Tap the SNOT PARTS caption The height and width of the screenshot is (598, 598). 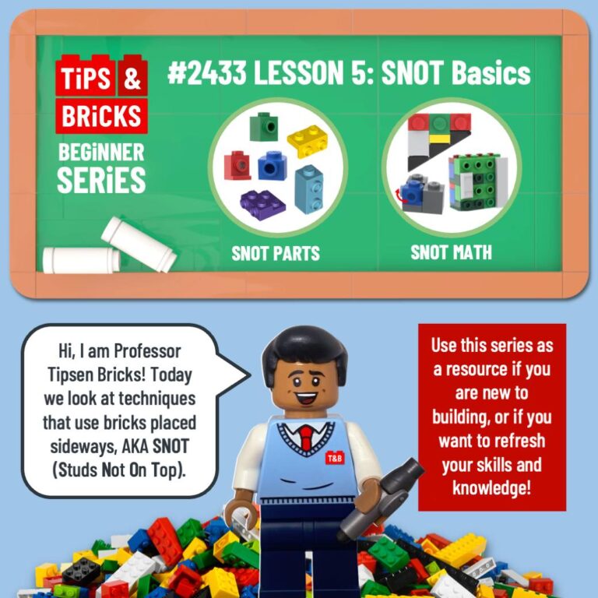[x=276, y=253]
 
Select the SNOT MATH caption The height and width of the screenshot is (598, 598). [x=451, y=252]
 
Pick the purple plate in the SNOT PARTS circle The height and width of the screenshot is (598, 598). [x=262, y=202]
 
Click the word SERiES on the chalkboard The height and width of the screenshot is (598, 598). [x=101, y=181]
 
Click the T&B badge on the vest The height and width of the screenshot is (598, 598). [x=333, y=459]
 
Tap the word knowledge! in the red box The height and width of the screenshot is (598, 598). [x=491, y=489]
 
